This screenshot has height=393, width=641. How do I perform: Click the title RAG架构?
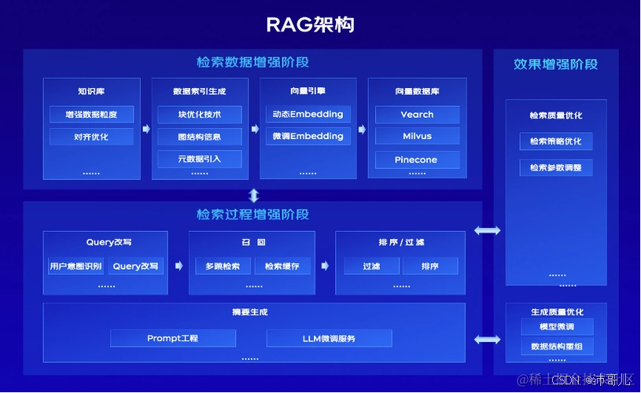point(320,24)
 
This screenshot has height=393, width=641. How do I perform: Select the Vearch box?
point(417,115)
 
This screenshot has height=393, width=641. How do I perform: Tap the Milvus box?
point(417,137)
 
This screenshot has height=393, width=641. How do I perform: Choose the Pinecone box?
point(417,160)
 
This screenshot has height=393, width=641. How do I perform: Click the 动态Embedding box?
point(308,115)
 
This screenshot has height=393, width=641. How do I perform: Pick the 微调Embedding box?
point(308,137)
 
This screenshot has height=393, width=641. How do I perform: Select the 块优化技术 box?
point(200,115)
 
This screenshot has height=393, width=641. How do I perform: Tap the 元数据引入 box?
point(200,160)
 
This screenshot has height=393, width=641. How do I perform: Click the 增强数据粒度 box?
point(92,115)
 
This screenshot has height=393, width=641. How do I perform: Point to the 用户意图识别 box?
point(76,266)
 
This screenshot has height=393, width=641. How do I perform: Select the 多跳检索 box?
point(223,266)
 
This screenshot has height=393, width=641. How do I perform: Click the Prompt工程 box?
point(173,339)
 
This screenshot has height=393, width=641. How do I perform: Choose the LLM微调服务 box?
point(329,339)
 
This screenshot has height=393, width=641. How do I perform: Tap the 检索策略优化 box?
point(556,142)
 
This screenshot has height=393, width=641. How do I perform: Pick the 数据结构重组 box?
point(556,347)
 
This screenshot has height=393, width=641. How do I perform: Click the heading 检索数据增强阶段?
point(252,62)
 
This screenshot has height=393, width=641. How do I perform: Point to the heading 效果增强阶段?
point(555,64)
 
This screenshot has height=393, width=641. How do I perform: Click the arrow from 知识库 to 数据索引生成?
point(146,129)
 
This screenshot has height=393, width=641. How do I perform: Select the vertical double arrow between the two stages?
point(253,196)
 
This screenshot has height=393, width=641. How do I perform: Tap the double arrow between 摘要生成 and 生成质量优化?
point(487,339)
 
